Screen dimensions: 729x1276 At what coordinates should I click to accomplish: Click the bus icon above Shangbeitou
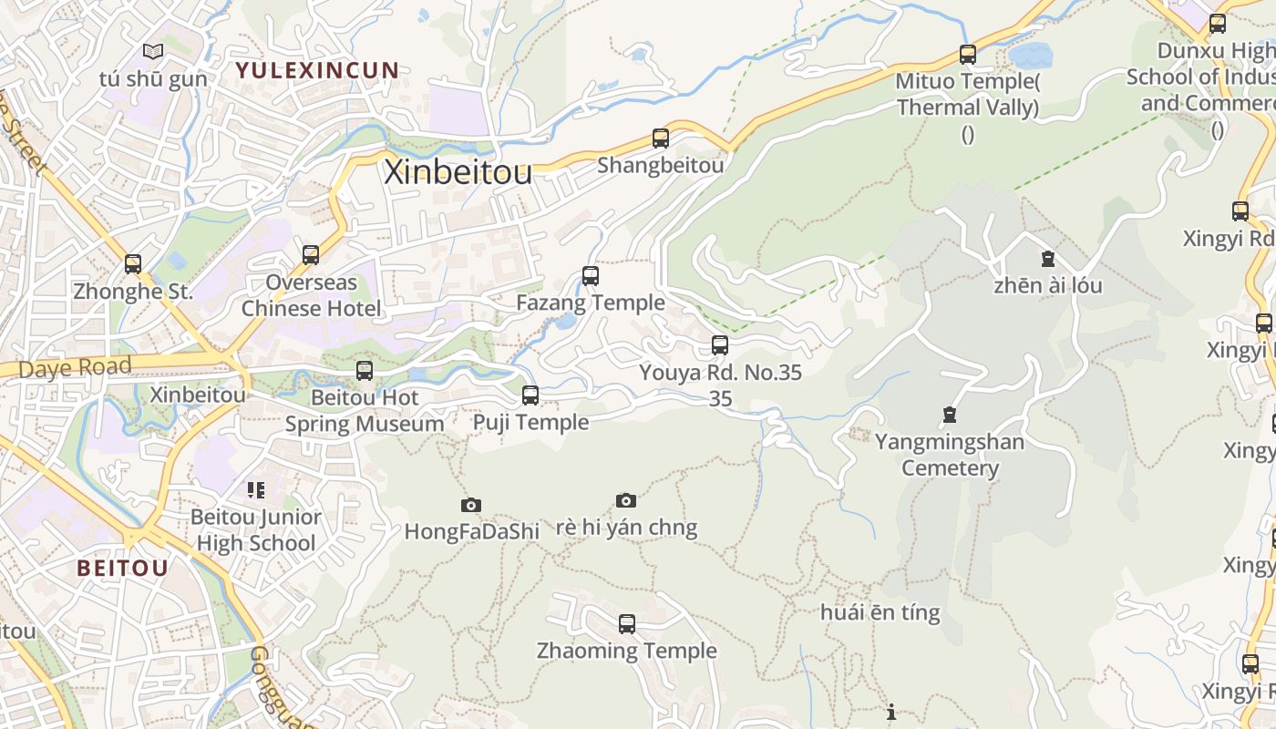tap(661, 139)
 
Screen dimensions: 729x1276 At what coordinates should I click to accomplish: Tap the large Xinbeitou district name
tap(458, 171)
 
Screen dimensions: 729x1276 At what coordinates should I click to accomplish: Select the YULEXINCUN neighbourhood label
tap(317, 70)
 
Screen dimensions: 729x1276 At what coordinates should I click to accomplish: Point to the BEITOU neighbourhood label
tap(122, 569)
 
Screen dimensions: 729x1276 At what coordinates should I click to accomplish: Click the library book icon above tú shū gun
tap(153, 52)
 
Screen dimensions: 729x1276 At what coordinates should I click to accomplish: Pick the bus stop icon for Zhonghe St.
tap(133, 264)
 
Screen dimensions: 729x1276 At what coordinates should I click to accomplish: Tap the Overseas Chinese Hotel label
tap(312, 295)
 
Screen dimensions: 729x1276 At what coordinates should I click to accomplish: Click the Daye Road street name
tap(75, 368)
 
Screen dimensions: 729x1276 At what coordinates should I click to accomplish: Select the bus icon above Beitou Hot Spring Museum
tap(365, 370)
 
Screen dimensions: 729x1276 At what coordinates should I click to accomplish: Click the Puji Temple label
tap(530, 423)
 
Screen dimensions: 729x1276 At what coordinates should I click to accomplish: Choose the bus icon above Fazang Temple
tap(591, 275)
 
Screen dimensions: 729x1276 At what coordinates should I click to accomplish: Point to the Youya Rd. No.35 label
tap(720, 373)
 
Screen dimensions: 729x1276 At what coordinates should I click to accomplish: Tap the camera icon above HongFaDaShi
tap(471, 505)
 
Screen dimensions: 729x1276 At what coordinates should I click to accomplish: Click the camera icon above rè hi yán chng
tap(625, 500)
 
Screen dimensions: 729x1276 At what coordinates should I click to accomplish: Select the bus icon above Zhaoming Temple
tap(627, 624)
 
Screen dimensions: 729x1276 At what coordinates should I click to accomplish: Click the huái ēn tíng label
tap(880, 612)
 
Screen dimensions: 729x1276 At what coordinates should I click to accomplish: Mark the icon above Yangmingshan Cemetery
tap(950, 416)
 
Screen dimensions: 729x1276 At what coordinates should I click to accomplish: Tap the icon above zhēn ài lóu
tap(1048, 259)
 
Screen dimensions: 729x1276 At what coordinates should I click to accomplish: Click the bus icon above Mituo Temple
tap(968, 55)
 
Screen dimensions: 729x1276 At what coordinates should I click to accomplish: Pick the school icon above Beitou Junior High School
tap(256, 490)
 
